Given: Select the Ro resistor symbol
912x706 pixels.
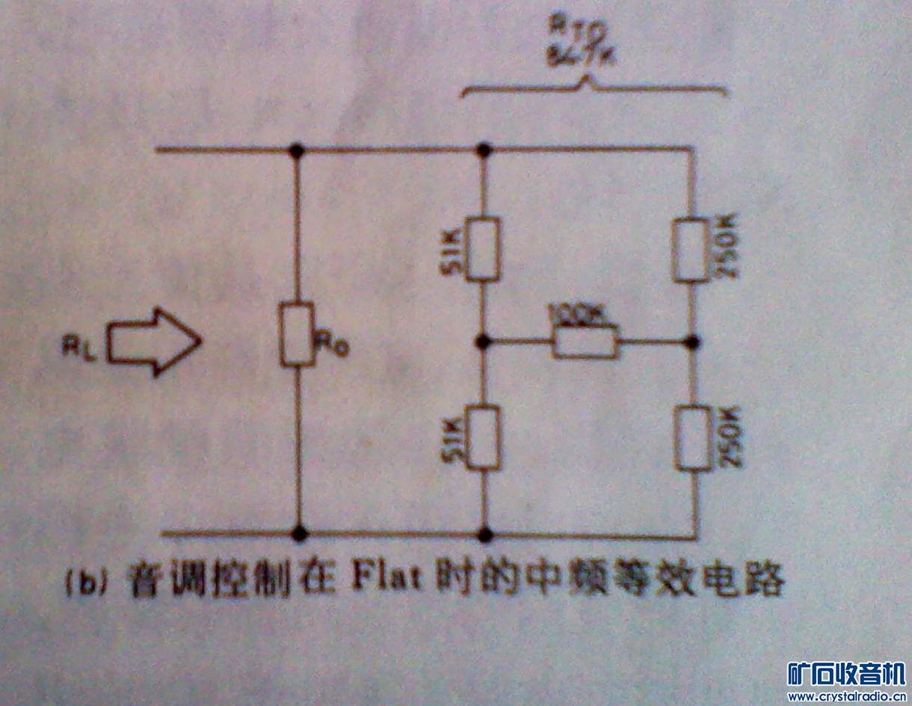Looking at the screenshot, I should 297,334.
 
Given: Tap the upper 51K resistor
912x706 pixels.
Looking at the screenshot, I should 483,249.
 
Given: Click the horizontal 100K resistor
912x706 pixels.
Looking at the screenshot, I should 586,343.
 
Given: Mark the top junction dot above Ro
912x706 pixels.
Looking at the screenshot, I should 298,150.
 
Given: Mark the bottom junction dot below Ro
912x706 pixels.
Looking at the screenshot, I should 299,534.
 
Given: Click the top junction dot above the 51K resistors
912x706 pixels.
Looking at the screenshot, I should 484,150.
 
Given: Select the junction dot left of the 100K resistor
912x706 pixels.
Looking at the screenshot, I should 484,343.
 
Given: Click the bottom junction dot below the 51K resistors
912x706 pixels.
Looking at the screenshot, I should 484,534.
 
